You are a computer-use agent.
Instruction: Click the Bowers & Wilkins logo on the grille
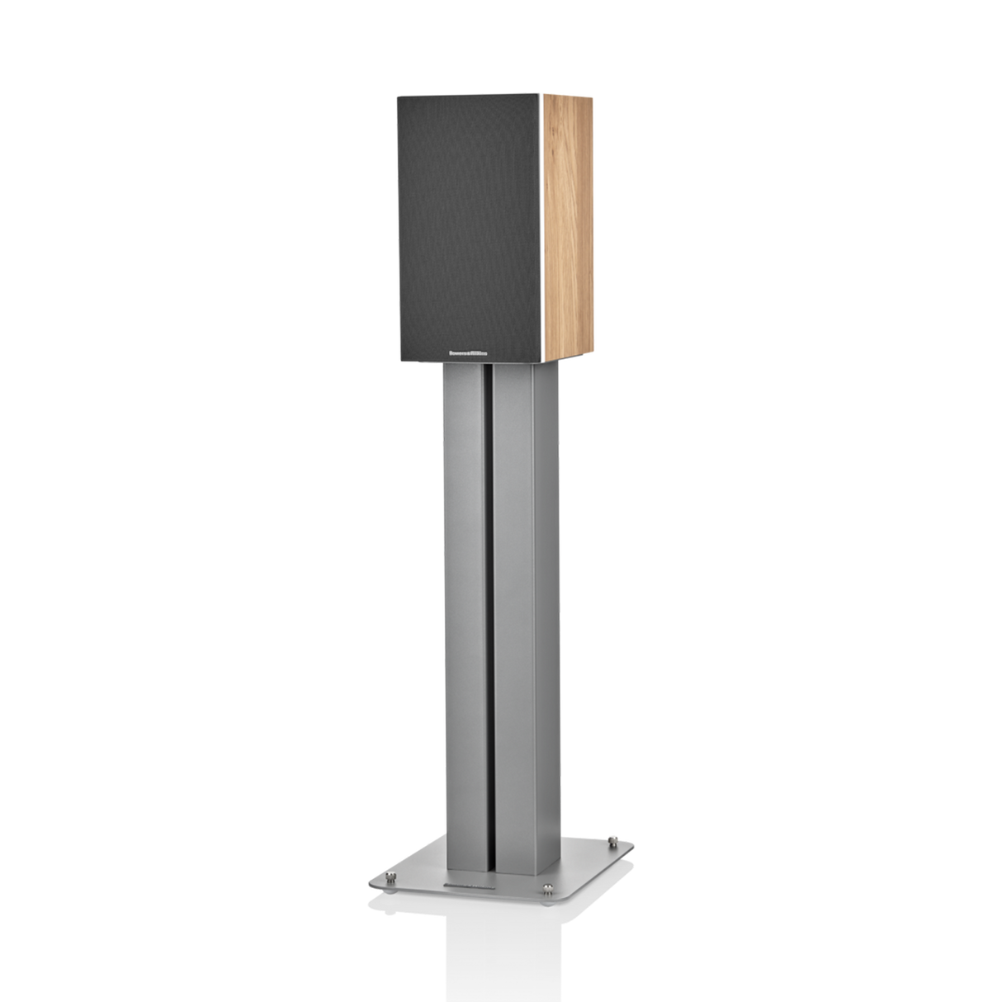[470, 350]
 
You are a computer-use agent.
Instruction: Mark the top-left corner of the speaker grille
[397, 98]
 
